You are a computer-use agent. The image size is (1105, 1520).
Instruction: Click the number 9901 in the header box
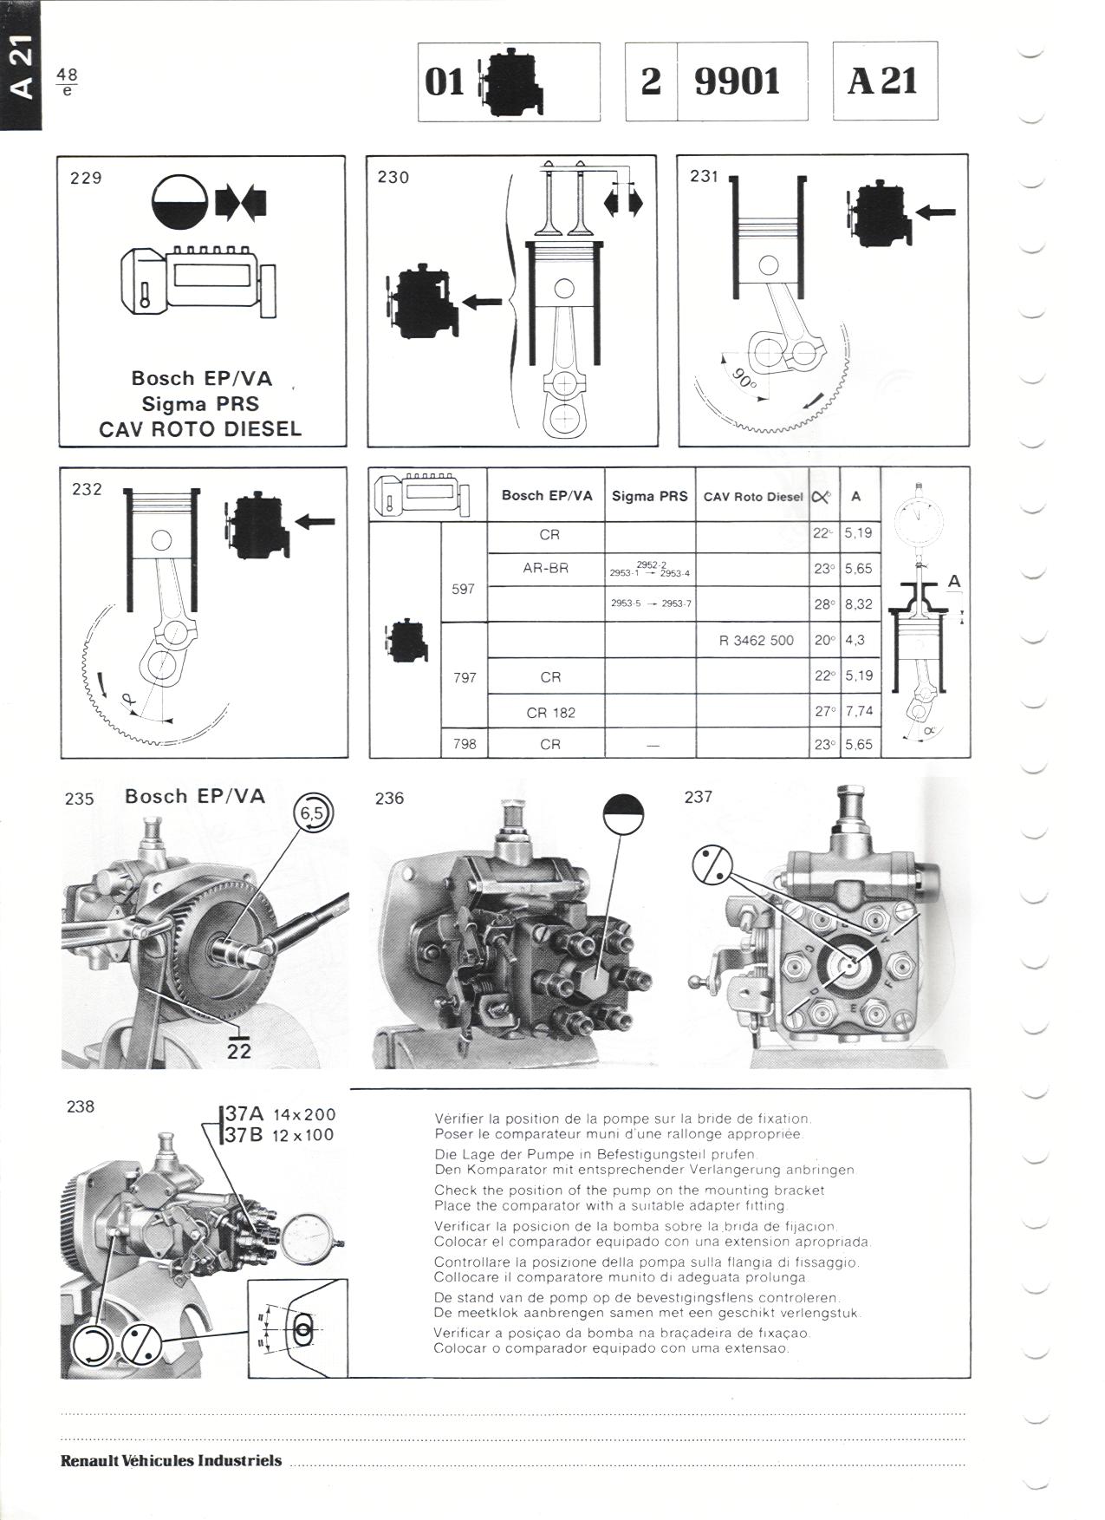(737, 82)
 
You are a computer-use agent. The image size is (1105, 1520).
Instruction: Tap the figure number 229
(86, 178)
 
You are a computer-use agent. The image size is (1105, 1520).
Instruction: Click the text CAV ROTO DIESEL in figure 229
(200, 429)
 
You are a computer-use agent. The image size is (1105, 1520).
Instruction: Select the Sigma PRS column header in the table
(649, 496)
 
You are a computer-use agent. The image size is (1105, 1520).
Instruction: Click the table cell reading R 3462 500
(756, 641)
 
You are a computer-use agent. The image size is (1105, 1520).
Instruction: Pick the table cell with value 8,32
(858, 604)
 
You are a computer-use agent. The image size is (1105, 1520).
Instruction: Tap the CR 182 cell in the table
(550, 713)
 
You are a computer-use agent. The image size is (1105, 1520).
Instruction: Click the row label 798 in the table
(465, 744)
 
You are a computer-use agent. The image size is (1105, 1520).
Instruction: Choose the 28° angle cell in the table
(823, 604)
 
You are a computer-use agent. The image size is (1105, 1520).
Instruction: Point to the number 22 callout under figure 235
(238, 1050)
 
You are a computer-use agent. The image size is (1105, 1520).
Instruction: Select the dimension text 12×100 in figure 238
(303, 1135)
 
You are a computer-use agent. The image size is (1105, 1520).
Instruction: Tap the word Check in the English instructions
(454, 1190)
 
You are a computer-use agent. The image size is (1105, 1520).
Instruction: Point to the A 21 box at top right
(884, 82)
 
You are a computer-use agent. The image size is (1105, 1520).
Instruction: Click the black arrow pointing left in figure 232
(315, 521)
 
